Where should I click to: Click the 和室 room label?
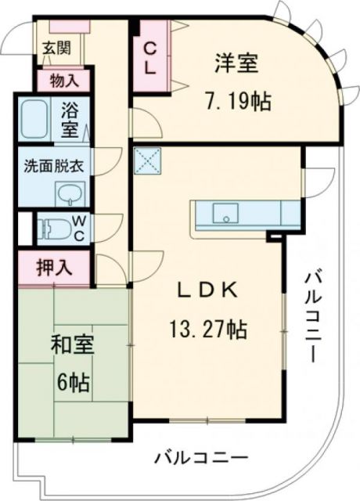click(73, 345)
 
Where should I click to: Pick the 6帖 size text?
click(72, 383)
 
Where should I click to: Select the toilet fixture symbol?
click(53, 228)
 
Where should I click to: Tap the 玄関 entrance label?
click(56, 47)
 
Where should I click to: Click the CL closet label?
click(149, 57)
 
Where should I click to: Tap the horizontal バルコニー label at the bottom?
click(201, 457)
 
